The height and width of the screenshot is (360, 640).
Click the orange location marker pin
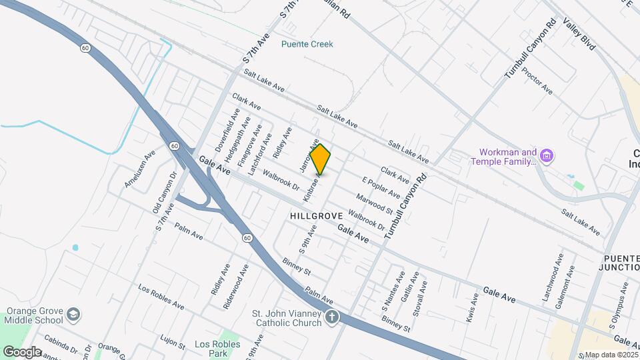pyautogui.click(x=321, y=159)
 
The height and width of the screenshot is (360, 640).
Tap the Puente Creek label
pyautogui.click(x=307, y=44)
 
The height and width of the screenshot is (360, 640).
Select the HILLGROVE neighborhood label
pyautogui.click(x=317, y=216)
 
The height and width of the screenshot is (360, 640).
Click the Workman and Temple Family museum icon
pyautogui.click(x=547, y=156)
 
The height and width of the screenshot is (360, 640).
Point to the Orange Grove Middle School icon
pyautogui.click(x=73, y=314)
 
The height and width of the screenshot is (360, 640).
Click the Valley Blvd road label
pyautogui.click(x=579, y=35)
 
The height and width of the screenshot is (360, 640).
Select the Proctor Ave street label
pyautogui.click(x=537, y=80)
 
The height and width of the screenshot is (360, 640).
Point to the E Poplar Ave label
pyautogui.click(x=381, y=188)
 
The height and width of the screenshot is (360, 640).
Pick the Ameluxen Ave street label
pyautogui.click(x=139, y=168)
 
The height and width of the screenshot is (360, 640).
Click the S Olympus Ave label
pyautogui.click(x=619, y=305)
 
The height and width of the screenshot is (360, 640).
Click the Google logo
pyautogui.click(x=22, y=351)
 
